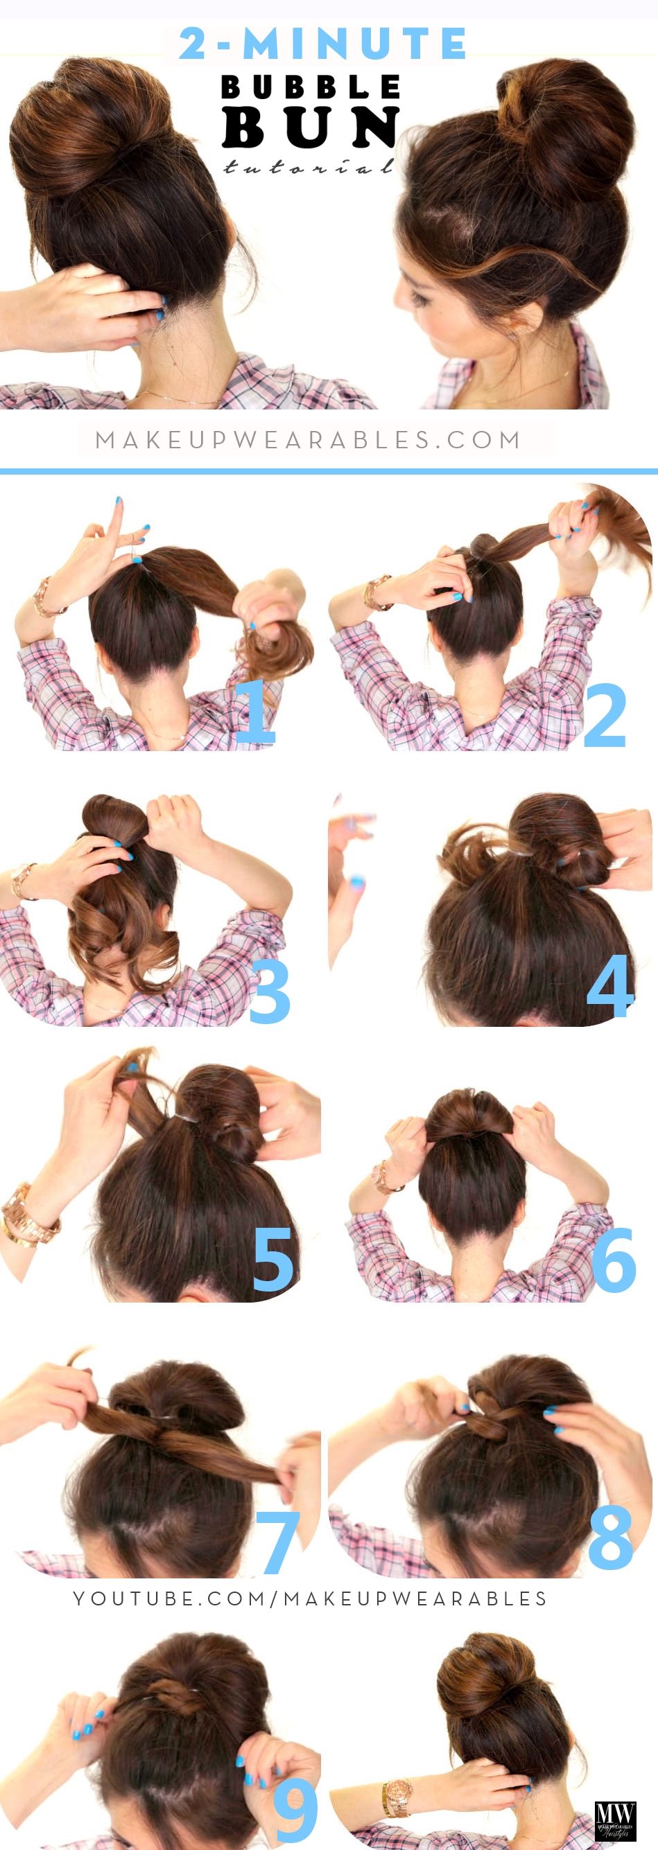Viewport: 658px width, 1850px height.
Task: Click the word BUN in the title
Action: click(311, 127)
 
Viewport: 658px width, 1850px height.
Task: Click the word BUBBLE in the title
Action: click(311, 87)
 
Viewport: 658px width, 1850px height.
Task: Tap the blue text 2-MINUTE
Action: click(322, 44)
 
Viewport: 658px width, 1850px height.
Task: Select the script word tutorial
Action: click(309, 168)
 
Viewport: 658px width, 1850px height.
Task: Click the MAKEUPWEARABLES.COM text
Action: click(308, 439)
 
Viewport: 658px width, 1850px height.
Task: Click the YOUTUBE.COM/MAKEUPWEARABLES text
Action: click(311, 1598)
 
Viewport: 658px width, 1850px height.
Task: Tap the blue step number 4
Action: click(610, 986)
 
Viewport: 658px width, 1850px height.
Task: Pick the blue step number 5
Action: click(273, 1259)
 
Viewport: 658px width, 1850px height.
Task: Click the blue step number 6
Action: click(614, 1259)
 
